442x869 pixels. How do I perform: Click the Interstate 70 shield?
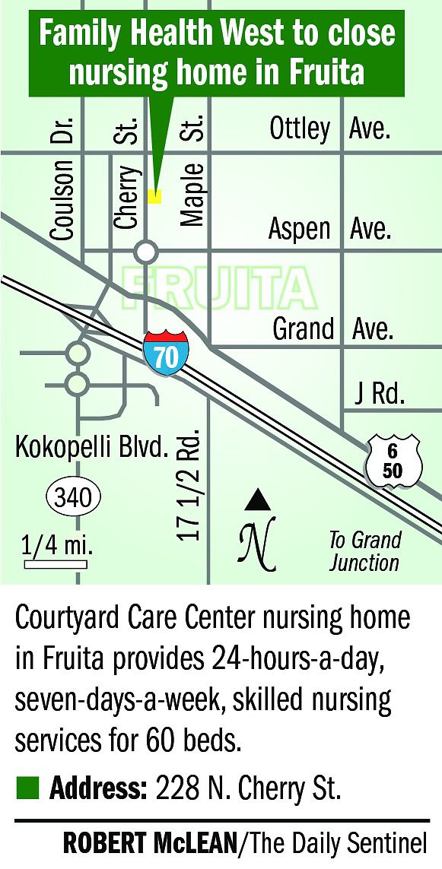[165, 352]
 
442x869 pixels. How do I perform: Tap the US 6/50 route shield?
[392, 461]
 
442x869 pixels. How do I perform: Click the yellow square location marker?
[154, 196]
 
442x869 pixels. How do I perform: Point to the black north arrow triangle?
[258, 500]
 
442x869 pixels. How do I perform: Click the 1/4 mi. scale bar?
[56, 564]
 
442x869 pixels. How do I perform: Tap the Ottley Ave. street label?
[329, 129]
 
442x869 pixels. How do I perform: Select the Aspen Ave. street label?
[329, 229]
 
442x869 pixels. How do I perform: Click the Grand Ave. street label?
[332, 329]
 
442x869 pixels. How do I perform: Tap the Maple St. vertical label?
[192, 171]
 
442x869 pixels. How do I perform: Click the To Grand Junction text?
[364, 551]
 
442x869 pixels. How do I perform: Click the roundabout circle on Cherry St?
[146, 251]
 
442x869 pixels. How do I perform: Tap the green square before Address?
[26, 788]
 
